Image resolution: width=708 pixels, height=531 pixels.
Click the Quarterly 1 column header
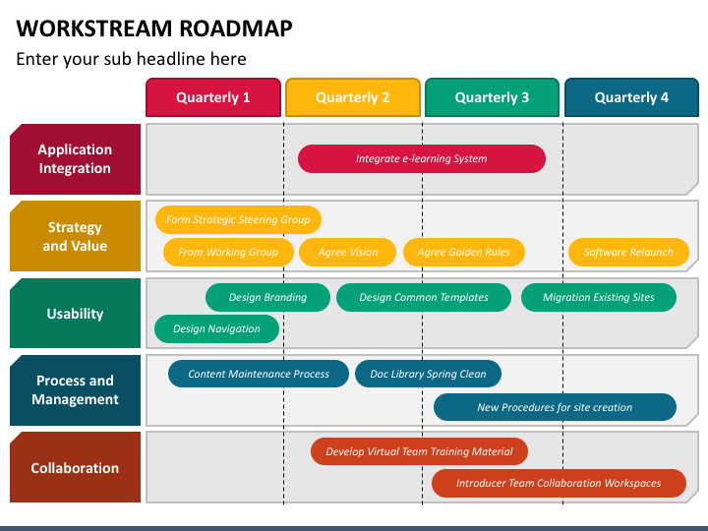coord(213,97)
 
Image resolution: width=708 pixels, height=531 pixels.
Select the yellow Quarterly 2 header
coord(353,97)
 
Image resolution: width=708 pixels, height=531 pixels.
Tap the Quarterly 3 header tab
coord(492,97)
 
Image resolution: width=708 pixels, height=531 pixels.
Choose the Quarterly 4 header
coord(631,97)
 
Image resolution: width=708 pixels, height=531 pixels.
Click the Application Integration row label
coord(75,159)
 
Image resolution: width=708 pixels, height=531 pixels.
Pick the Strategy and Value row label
coord(75,236)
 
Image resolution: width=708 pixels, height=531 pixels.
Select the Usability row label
coord(75,314)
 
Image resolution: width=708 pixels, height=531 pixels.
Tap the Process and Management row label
coord(75,390)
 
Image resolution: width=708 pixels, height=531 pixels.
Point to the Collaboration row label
coord(75,467)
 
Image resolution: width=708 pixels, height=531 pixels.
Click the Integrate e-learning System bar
coord(422,158)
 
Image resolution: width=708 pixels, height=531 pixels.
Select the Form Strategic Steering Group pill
coord(238,220)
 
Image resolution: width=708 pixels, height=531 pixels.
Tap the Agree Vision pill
coord(348,252)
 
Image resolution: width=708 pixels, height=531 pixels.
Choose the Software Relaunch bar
coord(628,252)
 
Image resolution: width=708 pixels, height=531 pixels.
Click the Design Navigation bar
coord(216,328)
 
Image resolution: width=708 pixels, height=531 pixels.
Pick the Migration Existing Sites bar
coord(599,297)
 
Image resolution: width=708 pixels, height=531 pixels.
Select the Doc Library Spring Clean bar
coord(428,374)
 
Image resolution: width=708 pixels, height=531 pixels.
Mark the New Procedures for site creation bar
coord(555,407)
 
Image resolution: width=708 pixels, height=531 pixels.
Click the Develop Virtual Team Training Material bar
coord(420,451)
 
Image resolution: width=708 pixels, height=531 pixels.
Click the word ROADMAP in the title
coord(236,28)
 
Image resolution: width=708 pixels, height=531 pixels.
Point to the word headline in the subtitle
coord(191,59)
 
